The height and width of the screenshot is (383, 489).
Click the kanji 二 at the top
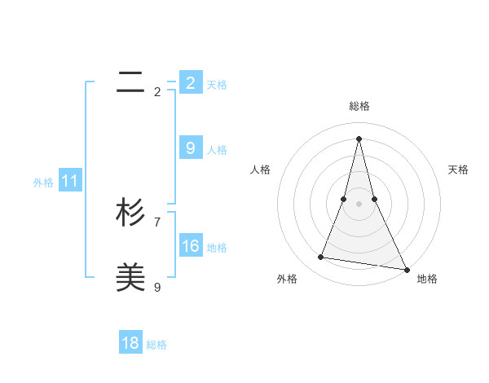(x=131, y=81)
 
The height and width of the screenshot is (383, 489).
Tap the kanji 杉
(x=131, y=213)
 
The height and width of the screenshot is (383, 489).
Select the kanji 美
(x=131, y=278)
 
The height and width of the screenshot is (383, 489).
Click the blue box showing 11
(x=69, y=182)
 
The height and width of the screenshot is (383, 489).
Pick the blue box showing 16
(x=191, y=246)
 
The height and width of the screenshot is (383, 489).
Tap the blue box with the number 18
(x=130, y=343)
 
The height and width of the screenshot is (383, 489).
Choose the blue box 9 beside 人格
(x=191, y=148)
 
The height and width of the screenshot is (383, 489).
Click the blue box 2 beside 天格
(x=191, y=83)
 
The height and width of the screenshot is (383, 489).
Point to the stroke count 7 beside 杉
(x=157, y=222)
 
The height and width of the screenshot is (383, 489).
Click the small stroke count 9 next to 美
(x=157, y=287)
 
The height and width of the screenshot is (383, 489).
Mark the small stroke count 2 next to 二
(x=157, y=91)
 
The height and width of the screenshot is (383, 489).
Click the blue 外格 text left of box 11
(x=43, y=183)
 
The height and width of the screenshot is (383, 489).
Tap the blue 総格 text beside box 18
(x=156, y=345)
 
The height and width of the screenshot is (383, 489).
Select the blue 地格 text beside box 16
(x=217, y=248)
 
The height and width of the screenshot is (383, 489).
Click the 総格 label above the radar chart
(x=359, y=106)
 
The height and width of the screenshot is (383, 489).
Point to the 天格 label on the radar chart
(x=459, y=169)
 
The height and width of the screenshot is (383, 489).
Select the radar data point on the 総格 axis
(x=359, y=138)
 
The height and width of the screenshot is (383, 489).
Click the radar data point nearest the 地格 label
(x=406, y=268)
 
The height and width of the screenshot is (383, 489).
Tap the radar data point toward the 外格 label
(x=321, y=258)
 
